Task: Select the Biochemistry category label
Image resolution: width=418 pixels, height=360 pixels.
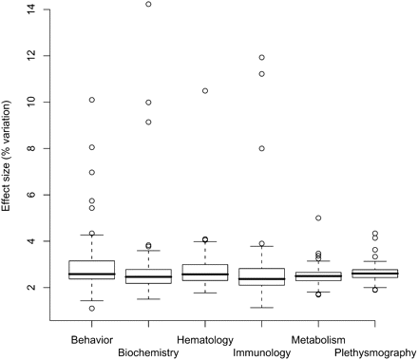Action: tap(148, 352)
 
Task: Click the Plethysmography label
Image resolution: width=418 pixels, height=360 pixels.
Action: tap(374, 352)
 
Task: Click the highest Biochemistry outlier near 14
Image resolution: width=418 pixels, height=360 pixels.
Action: tap(148, 4)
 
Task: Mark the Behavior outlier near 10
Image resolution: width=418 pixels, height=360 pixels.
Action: tap(92, 99)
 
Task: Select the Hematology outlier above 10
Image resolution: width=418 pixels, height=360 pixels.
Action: tap(204, 90)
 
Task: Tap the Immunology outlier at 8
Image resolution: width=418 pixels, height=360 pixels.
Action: tap(260, 148)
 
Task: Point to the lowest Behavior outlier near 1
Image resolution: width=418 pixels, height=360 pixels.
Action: tap(92, 308)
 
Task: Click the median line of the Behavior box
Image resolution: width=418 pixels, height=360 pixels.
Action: tap(92, 274)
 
